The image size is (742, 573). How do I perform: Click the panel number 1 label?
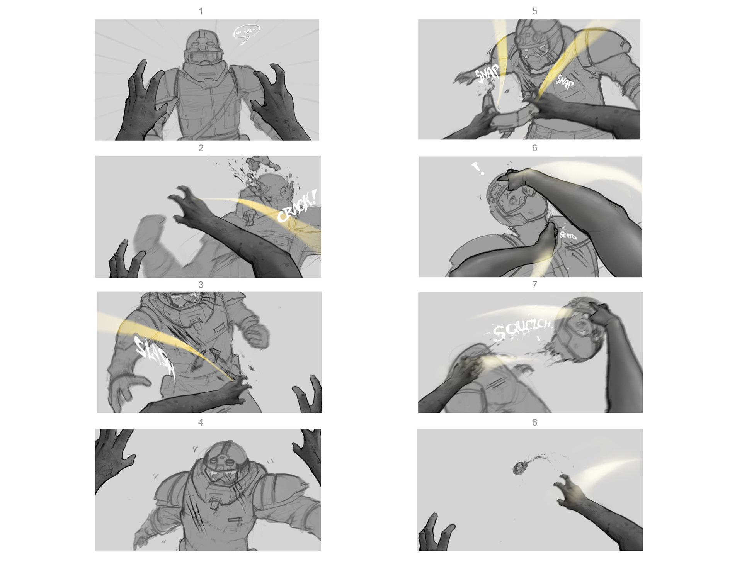pyautogui.click(x=201, y=12)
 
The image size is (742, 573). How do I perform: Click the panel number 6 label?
pyautogui.click(x=534, y=148)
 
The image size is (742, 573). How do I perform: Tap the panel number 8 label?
pyautogui.click(x=534, y=422)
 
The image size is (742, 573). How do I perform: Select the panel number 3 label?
pyautogui.click(x=201, y=285)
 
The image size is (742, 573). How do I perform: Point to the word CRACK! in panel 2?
pyautogui.click(x=297, y=207)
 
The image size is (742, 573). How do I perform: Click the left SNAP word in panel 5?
pyautogui.click(x=487, y=74)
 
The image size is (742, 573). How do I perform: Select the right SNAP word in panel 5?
pyautogui.click(x=565, y=82)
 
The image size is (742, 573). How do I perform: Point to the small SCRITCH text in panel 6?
pyautogui.click(x=568, y=236)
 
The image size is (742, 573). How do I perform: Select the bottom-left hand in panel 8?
pyautogui.click(x=437, y=533)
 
